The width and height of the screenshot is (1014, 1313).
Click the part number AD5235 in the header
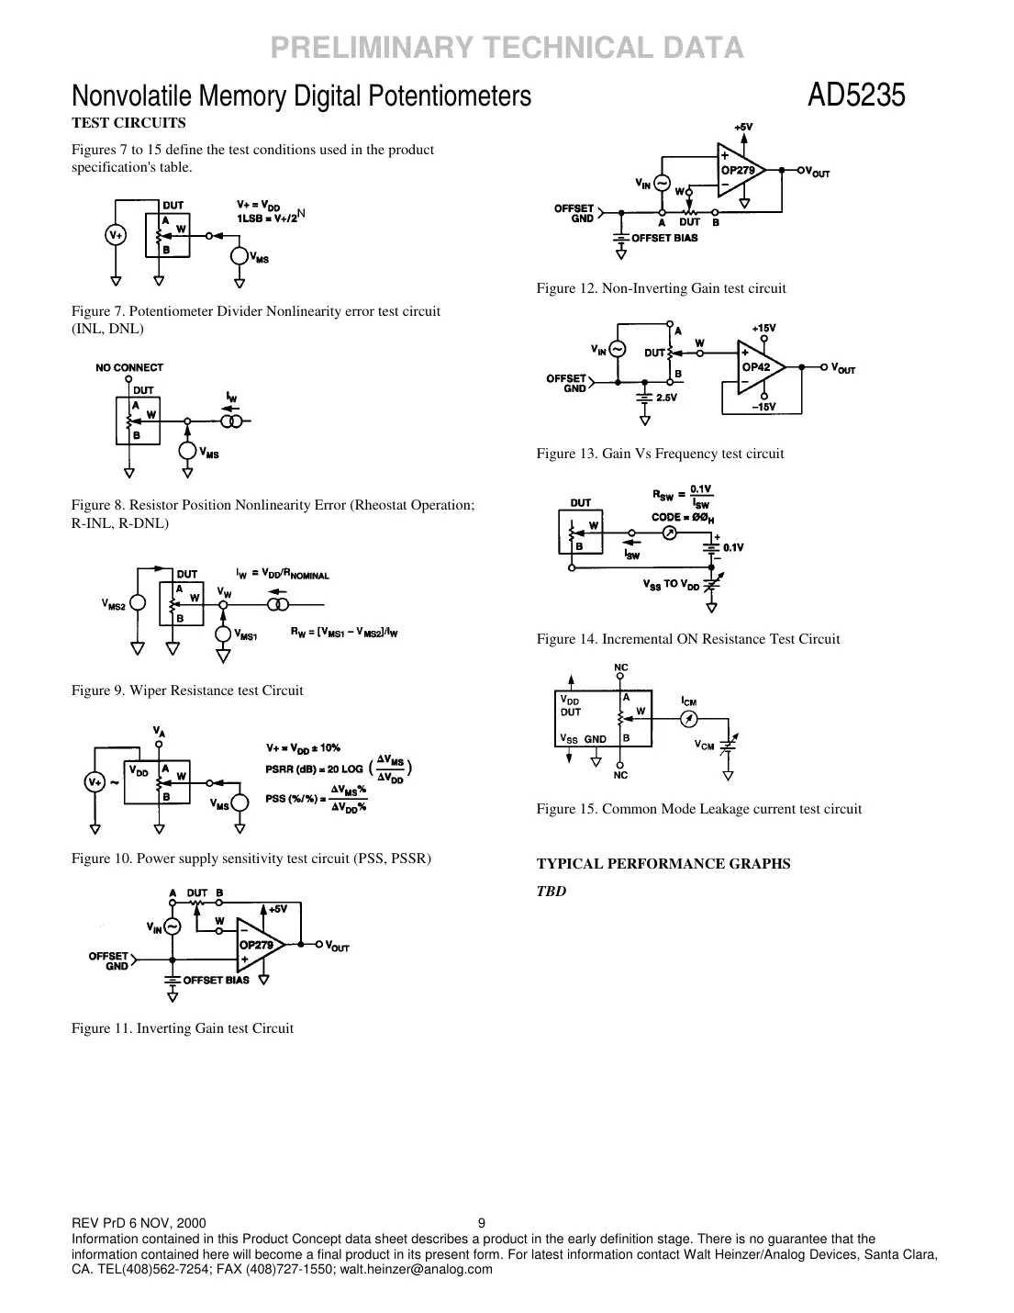[x=855, y=95]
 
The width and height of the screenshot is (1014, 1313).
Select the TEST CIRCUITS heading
[x=128, y=123]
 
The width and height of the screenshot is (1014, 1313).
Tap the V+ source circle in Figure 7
[x=116, y=236]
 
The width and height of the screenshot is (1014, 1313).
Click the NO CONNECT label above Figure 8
[x=129, y=367]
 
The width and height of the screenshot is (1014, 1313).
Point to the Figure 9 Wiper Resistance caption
[x=187, y=690]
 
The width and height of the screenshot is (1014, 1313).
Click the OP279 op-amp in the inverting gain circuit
[x=257, y=945]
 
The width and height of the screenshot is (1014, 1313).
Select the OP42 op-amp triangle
[x=761, y=366]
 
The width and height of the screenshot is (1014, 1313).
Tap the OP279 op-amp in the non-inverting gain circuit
[x=741, y=170]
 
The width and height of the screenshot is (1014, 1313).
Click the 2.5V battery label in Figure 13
[x=666, y=398]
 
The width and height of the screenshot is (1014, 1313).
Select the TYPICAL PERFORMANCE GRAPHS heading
[x=663, y=864]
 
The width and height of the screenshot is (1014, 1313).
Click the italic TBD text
[x=551, y=891]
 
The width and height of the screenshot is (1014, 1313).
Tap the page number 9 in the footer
[x=482, y=1223]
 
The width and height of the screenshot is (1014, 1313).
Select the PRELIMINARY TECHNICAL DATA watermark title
[x=507, y=47]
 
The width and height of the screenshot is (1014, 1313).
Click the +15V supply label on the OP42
[x=763, y=328]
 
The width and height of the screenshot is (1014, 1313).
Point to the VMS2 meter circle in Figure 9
[x=138, y=604]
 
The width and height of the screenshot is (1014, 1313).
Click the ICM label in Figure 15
[x=688, y=701]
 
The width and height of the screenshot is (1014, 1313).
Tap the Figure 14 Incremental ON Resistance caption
[x=687, y=639]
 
